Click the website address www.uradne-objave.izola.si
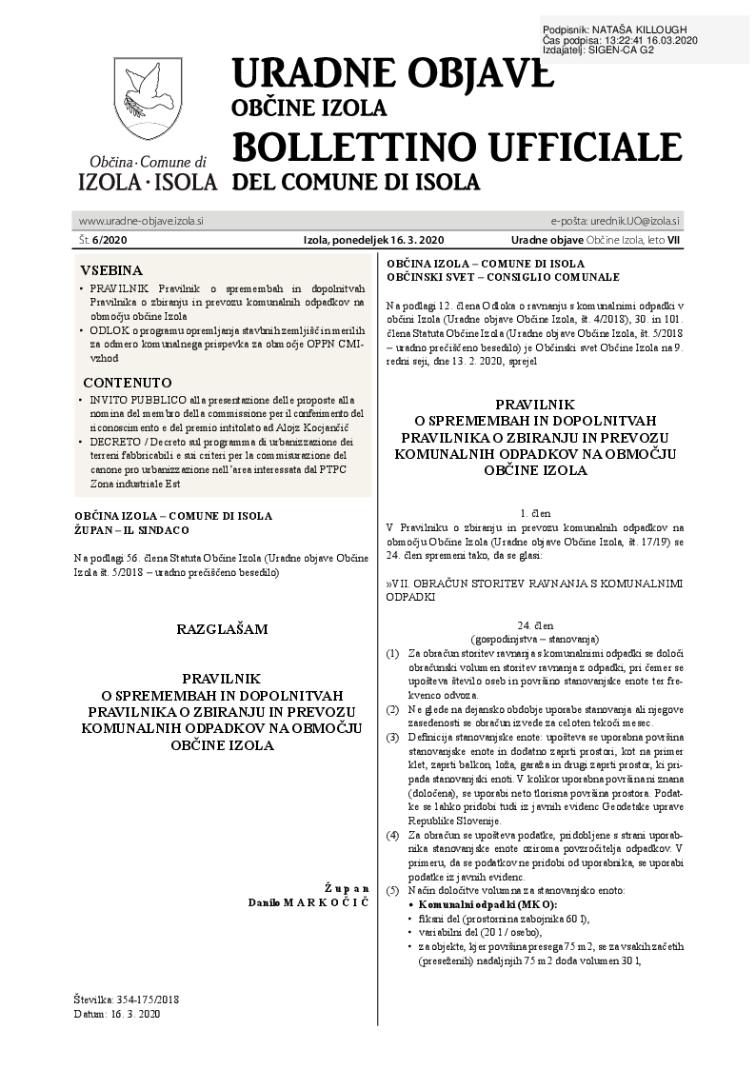click(141, 220)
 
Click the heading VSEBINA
click(111, 270)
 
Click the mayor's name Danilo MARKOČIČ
click(308, 901)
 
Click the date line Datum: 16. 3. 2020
click(118, 1015)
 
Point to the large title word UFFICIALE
click(600, 147)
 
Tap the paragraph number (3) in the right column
click(392, 738)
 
